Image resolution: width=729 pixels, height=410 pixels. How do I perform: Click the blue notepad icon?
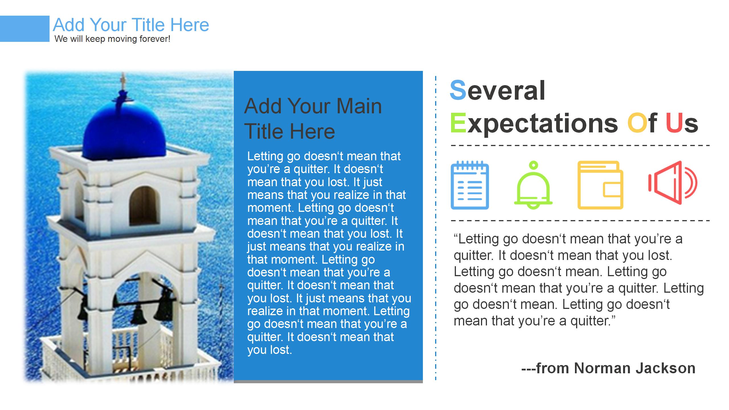[x=470, y=185]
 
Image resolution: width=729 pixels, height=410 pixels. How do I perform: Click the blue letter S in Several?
[x=458, y=90]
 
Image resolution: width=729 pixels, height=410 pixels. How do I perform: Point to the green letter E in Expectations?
[x=458, y=123]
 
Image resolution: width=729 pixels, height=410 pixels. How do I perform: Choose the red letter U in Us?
[x=674, y=123]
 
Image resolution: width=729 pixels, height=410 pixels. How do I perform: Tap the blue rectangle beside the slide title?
[x=25, y=29]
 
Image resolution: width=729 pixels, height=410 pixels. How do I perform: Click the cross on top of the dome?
[x=123, y=81]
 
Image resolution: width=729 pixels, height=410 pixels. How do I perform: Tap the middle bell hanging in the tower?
[x=138, y=315]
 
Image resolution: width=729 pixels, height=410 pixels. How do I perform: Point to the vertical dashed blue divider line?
[x=436, y=228]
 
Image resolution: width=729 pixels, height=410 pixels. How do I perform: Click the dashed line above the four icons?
[x=580, y=145]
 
